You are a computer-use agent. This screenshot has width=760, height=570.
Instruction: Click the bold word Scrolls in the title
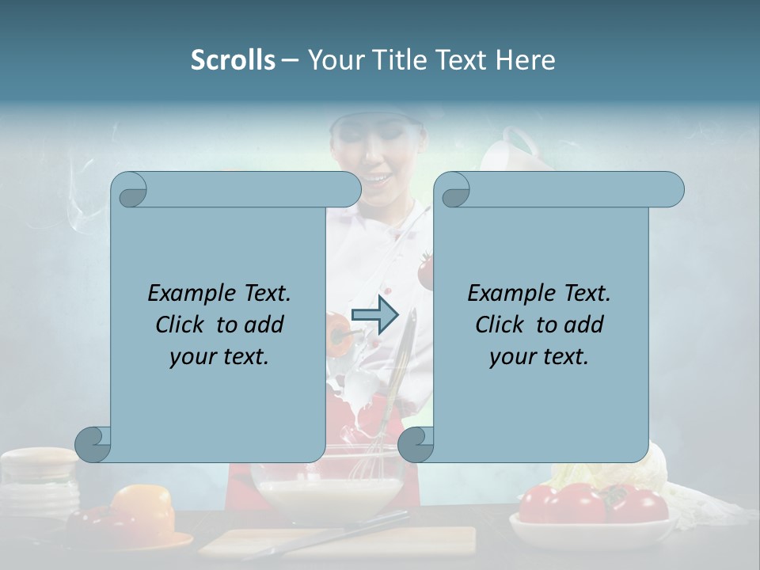(233, 60)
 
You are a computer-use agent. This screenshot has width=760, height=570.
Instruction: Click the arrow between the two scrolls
(374, 315)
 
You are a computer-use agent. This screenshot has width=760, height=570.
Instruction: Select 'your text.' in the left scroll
(219, 356)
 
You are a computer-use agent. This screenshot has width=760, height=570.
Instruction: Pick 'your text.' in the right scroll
(539, 356)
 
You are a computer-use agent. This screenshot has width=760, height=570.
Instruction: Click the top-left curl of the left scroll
(130, 190)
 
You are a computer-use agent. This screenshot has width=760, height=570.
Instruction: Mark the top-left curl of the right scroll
(453, 190)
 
